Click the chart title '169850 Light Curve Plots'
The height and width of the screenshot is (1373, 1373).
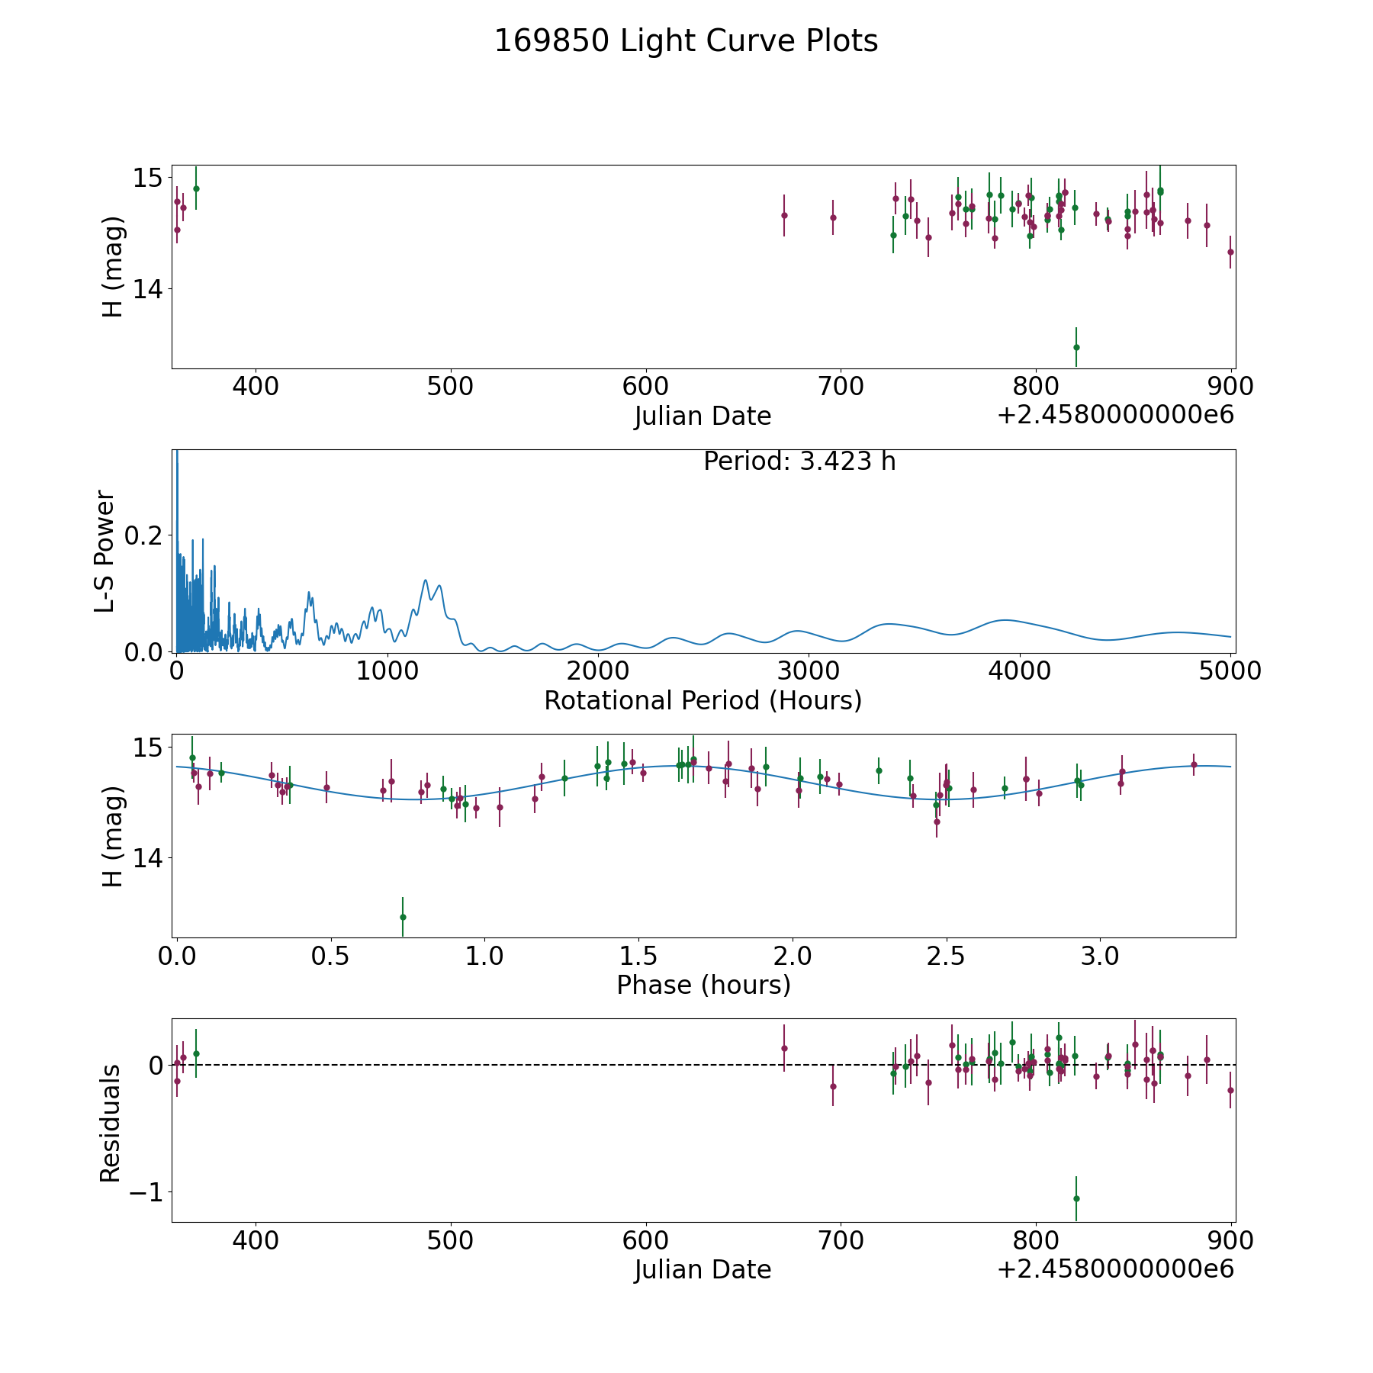click(x=686, y=41)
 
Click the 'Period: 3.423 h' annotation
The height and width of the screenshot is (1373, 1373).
click(x=799, y=461)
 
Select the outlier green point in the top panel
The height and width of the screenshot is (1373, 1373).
click(x=1076, y=347)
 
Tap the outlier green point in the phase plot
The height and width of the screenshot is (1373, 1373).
click(x=403, y=917)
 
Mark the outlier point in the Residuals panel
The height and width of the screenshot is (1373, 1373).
click(x=1076, y=1198)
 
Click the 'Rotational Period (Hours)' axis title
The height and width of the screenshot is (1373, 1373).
click(x=703, y=700)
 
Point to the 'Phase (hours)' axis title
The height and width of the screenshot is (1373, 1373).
click(x=703, y=985)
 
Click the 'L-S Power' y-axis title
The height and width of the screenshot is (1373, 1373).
click(x=105, y=551)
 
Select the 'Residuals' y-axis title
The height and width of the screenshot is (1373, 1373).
click(x=111, y=1123)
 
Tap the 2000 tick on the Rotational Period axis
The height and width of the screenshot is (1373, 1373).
click(x=598, y=671)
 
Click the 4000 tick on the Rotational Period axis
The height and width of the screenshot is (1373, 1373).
click(x=1020, y=671)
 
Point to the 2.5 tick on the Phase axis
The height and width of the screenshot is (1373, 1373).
click(x=947, y=956)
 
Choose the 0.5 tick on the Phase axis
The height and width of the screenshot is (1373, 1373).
click(x=330, y=956)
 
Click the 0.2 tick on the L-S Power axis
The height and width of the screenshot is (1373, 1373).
click(x=143, y=535)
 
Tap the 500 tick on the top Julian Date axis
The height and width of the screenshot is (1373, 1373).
click(x=450, y=387)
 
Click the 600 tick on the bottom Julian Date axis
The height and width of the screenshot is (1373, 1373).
click(x=645, y=1241)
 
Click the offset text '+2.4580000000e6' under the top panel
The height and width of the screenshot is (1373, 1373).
click(x=1115, y=416)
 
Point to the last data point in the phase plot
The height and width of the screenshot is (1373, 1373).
click(x=1194, y=764)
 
